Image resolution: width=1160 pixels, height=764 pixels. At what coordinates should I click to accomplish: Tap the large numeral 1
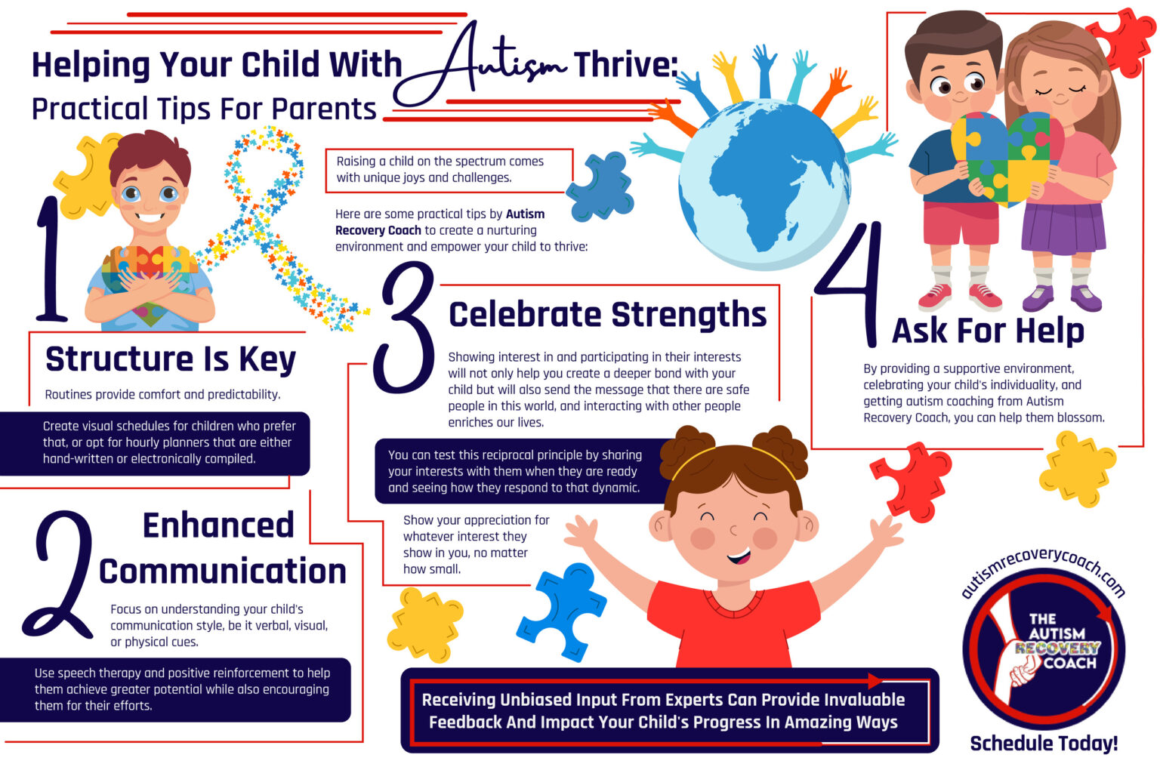[51, 260]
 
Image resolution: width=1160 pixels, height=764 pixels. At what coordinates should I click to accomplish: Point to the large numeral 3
[408, 328]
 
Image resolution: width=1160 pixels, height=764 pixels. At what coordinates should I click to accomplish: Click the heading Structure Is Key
[171, 359]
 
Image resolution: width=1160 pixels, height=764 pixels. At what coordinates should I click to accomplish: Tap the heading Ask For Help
[988, 331]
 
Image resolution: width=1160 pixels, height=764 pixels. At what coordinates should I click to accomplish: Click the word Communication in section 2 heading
[223, 571]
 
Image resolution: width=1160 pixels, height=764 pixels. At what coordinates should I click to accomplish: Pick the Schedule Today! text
[1043, 744]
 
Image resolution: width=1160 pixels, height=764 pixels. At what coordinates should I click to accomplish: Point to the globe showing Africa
[763, 185]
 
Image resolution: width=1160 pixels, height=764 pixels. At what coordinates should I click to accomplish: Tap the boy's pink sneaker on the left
[935, 297]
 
